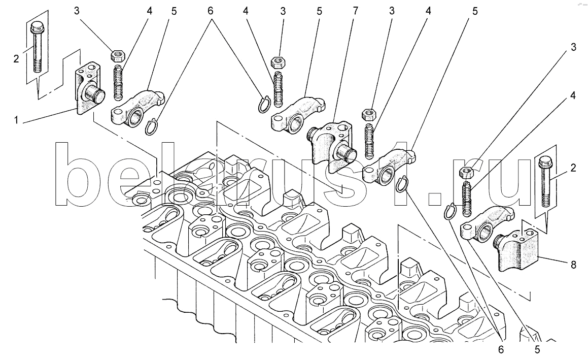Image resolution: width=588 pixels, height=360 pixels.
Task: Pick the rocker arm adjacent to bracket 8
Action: [x=482, y=223]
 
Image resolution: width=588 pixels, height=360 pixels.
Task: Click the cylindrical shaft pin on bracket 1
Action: [x=95, y=93]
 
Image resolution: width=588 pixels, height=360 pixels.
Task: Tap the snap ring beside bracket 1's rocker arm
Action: [x=151, y=127]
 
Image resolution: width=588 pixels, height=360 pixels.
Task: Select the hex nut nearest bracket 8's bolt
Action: [x=465, y=172]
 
